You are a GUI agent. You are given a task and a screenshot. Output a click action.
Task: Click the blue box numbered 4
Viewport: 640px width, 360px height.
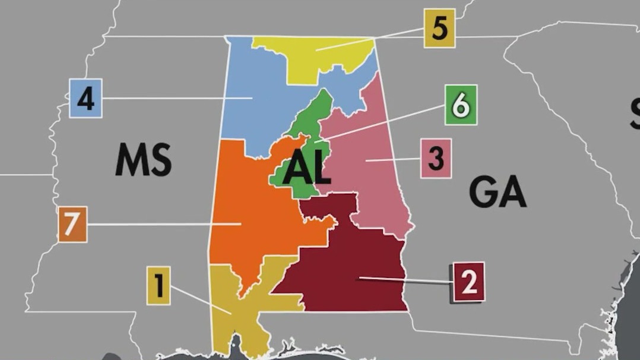coord(85,98)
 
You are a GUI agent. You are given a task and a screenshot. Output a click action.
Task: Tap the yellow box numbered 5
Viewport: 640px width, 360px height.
coord(439,29)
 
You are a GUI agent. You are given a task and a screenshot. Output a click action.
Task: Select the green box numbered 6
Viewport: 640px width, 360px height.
coord(461,105)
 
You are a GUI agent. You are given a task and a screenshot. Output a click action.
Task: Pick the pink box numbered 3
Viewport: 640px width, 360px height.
coord(436,159)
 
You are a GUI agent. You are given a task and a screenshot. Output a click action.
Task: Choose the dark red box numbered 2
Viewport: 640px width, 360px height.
coord(468,282)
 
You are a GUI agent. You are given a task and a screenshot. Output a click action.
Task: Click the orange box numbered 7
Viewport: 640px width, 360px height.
coord(72,225)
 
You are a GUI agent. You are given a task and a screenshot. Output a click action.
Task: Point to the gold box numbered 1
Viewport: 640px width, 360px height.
coord(159,286)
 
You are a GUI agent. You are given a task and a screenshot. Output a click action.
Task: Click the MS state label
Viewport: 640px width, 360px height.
coord(143,160)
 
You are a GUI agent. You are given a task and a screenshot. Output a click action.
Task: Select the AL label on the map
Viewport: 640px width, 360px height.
coord(306,169)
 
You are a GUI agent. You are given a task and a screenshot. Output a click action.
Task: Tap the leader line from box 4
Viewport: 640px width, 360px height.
coord(166,97)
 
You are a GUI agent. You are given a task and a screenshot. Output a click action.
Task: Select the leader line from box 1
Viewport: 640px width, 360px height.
coord(196,297)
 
